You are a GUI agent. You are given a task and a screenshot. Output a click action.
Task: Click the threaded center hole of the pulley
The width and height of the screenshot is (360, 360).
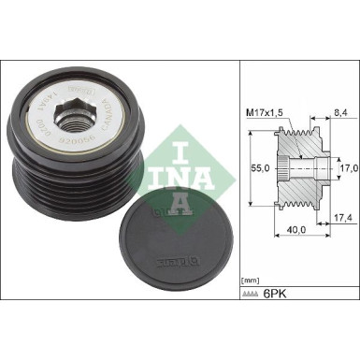(x=72, y=119)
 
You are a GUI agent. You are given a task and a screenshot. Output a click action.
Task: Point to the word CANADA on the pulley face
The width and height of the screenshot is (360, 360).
(x=105, y=122)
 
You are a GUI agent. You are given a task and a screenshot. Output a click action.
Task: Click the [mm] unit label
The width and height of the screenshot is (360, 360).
(x=251, y=280)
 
